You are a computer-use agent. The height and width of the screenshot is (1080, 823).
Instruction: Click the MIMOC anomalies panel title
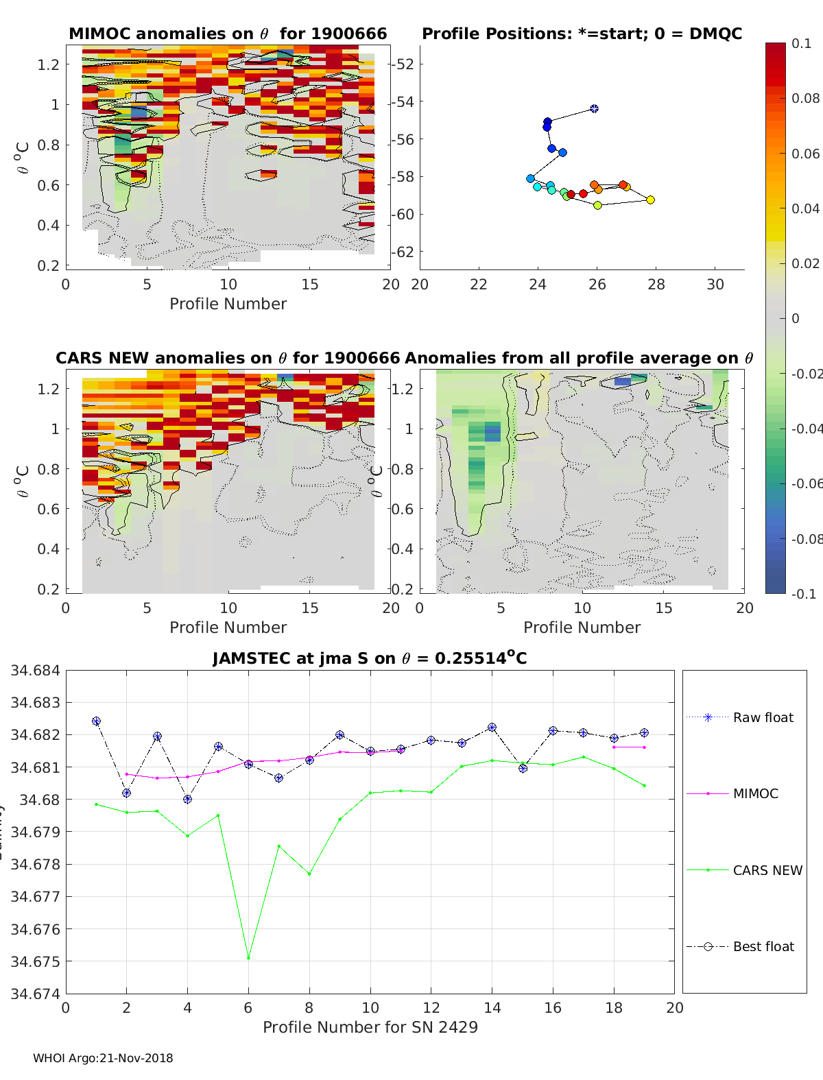(228, 34)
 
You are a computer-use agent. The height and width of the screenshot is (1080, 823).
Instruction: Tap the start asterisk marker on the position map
(594, 108)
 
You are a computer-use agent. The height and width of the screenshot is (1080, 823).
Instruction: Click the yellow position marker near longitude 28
(650, 200)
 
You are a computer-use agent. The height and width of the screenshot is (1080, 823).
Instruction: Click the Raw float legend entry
(763, 717)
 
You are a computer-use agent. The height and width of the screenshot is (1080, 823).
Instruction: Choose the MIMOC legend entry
(755, 793)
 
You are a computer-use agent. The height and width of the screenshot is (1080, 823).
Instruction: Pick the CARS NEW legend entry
(767, 870)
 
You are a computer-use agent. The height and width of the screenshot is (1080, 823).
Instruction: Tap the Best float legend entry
(763, 946)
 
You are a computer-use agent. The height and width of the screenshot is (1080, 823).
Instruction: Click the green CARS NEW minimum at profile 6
(248, 958)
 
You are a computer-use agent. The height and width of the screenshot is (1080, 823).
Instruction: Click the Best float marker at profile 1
(96, 721)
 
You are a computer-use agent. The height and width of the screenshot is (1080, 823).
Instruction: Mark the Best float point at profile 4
(187, 799)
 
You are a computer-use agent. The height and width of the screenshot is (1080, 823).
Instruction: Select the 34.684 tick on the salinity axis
(34, 670)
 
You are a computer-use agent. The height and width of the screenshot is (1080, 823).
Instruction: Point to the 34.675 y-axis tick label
(34, 961)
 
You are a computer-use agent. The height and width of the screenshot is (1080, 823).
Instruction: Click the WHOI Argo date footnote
(103, 1058)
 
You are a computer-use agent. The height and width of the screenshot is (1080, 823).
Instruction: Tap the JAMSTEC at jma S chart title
(370, 658)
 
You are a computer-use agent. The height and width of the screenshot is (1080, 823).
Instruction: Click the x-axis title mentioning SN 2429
(370, 1027)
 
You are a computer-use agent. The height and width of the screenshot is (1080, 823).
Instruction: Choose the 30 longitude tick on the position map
(715, 284)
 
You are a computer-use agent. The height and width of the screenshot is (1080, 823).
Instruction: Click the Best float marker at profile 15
(523, 768)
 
